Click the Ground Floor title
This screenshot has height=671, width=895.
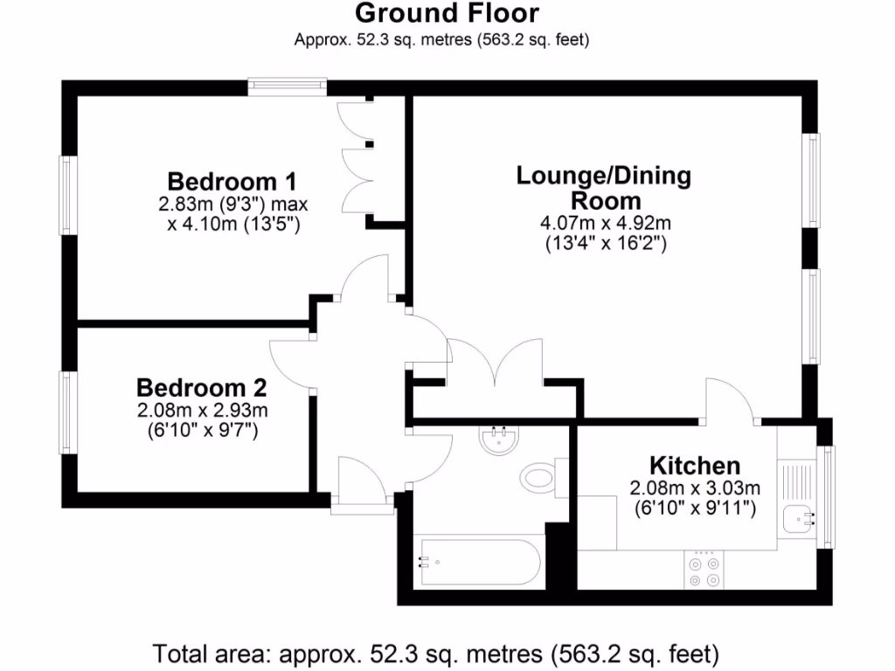pos(447,14)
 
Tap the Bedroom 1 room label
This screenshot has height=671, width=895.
pos(232,182)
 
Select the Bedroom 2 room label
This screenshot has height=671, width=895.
pos(201,388)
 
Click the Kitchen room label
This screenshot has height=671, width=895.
pos(694,466)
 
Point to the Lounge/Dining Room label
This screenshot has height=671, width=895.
pos(603,187)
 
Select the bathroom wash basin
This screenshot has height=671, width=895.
pos(501,439)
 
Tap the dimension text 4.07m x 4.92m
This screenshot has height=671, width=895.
pos(604,224)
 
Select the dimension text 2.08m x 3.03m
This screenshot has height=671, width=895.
pos(695,488)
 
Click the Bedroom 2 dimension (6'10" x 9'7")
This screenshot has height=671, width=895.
pos(201,430)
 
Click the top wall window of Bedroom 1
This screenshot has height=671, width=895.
pos(287,86)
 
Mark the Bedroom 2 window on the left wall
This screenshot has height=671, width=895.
pos(66,412)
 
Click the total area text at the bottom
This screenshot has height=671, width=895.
pos(436,653)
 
